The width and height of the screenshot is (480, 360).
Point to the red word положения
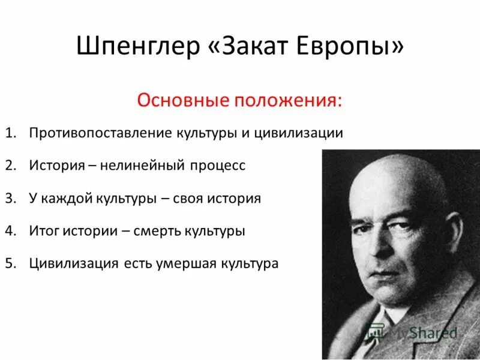[288, 99]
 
